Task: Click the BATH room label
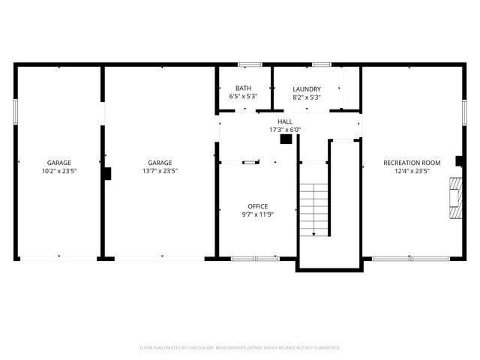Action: tap(243, 88)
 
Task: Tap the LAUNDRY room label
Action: tap(306, 88)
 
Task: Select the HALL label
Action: tap(285, 121)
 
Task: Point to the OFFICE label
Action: tap(258, 206)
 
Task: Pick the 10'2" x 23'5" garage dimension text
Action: tap(58, 171)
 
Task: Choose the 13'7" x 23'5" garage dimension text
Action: tap(160, 171)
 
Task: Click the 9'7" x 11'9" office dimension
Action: tap(258, 214)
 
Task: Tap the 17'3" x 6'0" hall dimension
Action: tap(285, 129)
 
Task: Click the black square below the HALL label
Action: tap(286, 139)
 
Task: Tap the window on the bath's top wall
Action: tap(250, 64)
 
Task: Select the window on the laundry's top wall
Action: tap(322, 64)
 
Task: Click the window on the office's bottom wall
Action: tap(255, 259)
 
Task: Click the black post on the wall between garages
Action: tap(107, 173)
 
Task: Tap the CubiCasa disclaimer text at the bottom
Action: tap(240, 347)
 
